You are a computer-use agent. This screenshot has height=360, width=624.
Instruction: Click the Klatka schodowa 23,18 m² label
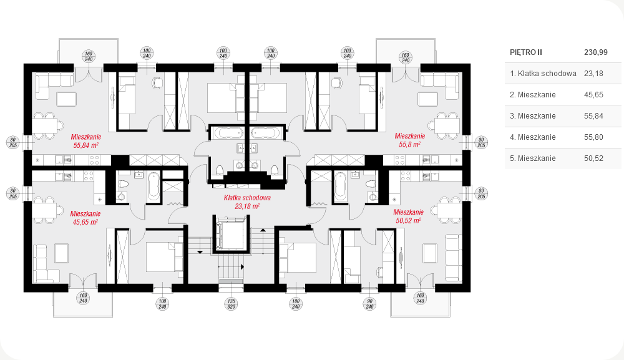tap(247, 202)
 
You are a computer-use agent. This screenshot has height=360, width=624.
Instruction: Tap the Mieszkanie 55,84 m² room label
tap(86, 141)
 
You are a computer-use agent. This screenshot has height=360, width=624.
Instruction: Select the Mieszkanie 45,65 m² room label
tap(85, 218)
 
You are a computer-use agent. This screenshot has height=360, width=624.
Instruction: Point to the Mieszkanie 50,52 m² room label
tap(408, 216)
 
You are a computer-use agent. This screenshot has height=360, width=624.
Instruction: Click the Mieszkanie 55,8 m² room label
tap(409, 140)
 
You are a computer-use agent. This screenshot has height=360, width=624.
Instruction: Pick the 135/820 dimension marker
tap(231, 304)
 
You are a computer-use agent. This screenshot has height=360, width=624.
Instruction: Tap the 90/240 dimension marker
tap(369, 304)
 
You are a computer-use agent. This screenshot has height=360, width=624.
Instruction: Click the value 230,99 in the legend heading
tap(596, 52)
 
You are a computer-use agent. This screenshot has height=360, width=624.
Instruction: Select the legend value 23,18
tap(594, 74)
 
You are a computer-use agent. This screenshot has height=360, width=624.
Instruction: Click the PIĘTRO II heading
tap(525, 52)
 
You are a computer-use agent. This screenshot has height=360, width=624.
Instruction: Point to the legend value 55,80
tap(594, 137)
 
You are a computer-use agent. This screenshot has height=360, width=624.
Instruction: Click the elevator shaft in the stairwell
tap(231, 234)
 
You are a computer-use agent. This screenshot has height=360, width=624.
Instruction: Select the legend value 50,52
tap(594, 158)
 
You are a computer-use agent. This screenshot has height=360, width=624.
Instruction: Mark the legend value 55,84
tap(594, 116)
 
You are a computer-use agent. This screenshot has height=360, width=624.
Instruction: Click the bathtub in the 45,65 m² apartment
tap(154, 186)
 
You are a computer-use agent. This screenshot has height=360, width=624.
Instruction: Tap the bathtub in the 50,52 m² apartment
tap(340, 186)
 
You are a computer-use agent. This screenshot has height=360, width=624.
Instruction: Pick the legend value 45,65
tap(594, 95)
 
